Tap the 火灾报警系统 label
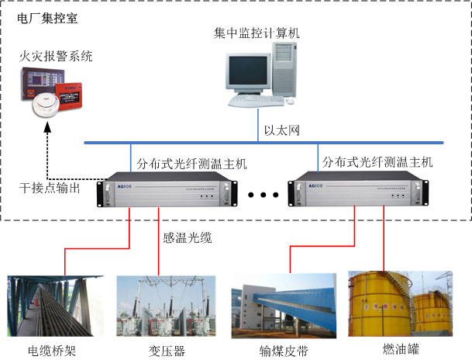56,56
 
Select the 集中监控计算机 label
257,33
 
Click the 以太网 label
281,130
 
